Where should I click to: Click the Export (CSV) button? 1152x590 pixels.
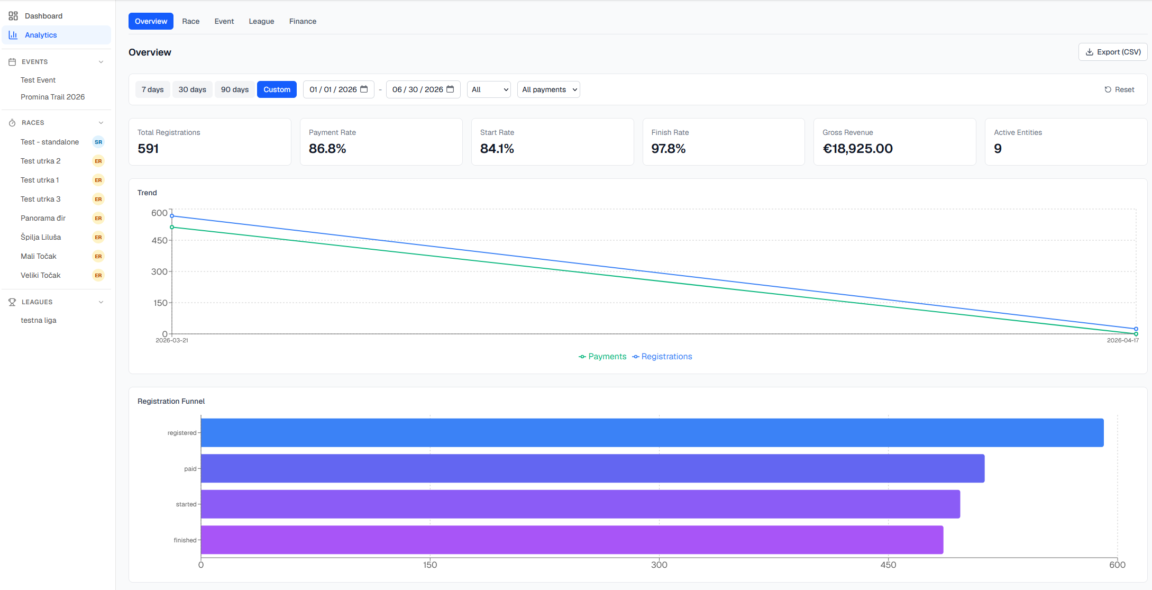[x=1112, y=52]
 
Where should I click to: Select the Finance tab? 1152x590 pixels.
[x=303, y=21]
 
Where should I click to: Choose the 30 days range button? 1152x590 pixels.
[x=192, y=89]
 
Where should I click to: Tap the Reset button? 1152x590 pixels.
[x=1119, y=89]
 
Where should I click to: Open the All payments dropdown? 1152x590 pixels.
[x=548, y=89]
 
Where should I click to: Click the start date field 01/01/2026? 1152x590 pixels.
[x=339, y=89]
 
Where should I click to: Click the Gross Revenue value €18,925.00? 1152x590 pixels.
[x=857, y=149]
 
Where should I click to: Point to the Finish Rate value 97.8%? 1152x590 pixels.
[x=668, y=149]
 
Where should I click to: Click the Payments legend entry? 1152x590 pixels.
[x=602, y=357]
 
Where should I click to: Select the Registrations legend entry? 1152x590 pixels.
[x=662, y=357]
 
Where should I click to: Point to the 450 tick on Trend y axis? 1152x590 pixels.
[x=159, y=240]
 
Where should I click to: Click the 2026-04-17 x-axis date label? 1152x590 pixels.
[x=1122, y=340]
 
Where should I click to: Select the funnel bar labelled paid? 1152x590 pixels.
[x=592, y=468]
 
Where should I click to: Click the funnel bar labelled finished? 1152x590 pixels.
[x=572, y=540]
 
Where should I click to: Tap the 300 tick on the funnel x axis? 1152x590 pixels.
[x=659, y=565]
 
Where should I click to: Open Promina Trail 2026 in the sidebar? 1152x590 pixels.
[x=52, y=97]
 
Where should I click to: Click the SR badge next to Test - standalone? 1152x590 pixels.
[x=98, y=142]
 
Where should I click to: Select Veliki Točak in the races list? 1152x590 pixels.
[x=40, y=275]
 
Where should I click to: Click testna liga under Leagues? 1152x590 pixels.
[x=38, y=320]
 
